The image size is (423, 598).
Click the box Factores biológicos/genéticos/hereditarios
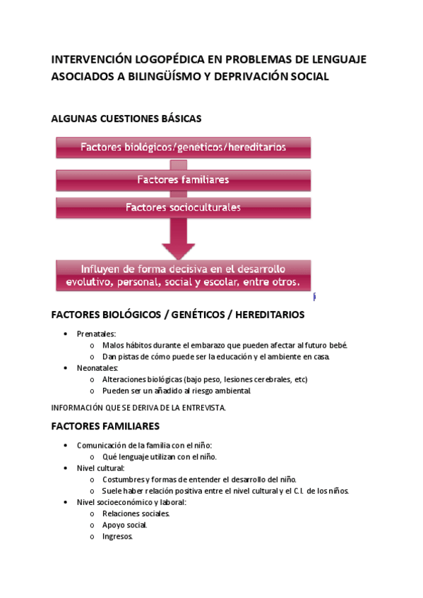click(x=183, y=147)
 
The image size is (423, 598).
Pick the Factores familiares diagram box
click(x=183, y=180)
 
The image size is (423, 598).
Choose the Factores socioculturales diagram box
click(x=183, y=207)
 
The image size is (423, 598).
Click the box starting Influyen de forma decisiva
click(x=183, y=275)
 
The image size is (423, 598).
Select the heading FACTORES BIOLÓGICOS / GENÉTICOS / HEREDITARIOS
click(x=178, y=314)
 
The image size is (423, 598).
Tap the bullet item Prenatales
click(x=97, y=334)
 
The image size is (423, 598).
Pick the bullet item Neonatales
click(x=98, y=367)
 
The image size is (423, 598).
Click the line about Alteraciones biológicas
click(x=205, y=379)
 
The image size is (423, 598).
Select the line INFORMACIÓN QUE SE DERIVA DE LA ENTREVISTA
click(x=138, y=408)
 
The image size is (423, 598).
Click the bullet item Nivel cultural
click(x=101, y=468)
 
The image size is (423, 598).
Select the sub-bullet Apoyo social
click(x=124, y=525)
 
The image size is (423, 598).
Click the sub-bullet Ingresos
click(x=117, y=536)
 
